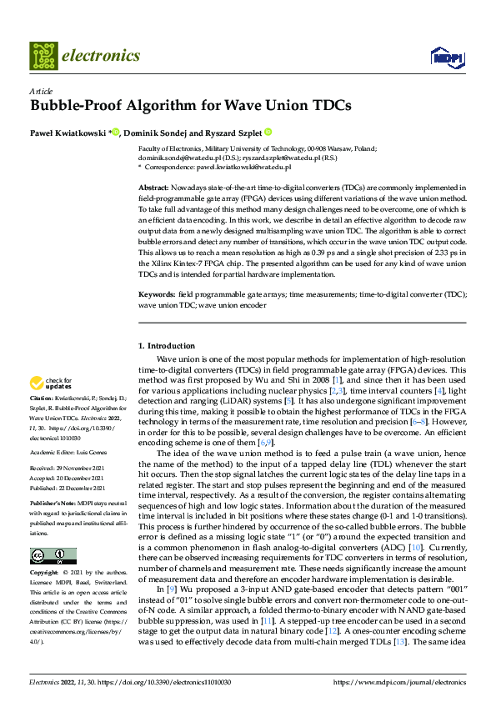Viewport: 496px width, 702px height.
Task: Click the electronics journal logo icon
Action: [43, 56]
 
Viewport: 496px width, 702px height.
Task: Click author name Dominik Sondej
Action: [156, 133]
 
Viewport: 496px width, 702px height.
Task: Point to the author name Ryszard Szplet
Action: [231, 133]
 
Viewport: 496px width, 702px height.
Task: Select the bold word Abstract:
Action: [154, 188]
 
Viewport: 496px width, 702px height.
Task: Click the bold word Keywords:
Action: [157, 294]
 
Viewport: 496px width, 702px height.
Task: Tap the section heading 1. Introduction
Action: [166, 346]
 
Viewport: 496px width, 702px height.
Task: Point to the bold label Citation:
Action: [43, 399]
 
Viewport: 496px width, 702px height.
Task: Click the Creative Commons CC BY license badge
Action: [53, 556]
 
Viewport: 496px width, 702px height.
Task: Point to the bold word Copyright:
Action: [44, 573]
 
